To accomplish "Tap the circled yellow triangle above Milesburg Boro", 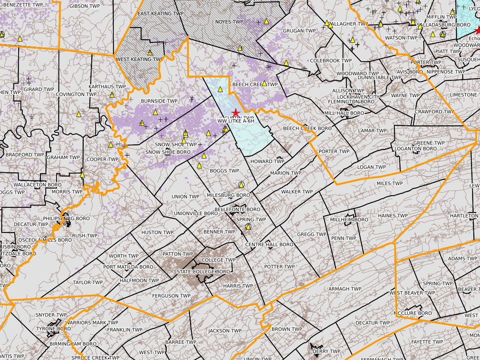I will pos(241,185).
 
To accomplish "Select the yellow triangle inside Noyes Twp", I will pos(266,21).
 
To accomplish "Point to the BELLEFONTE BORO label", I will pos(237,209).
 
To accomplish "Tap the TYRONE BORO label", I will pos(53,329).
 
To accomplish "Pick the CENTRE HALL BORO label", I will pos(269,245).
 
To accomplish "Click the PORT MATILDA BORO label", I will pos(128,267).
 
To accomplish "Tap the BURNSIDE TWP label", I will pos(159,101).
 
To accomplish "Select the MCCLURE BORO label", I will pos(415,313).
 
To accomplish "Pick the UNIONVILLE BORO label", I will pos(196,213).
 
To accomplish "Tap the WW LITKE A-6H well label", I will pos(235,121).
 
